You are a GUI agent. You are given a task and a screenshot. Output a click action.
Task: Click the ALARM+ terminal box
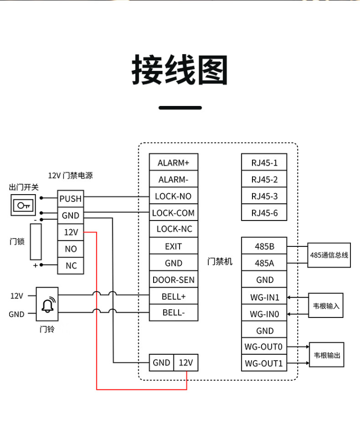(173, 163)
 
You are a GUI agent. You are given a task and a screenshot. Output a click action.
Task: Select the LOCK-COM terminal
(173, 213)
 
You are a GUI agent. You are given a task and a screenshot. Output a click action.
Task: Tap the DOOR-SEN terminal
(173, 280)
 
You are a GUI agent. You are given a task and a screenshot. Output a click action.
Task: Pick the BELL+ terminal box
(173, 296)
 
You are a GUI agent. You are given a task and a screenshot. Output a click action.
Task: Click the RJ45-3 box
(264, 196)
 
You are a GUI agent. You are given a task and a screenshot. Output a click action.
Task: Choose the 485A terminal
(264, 263)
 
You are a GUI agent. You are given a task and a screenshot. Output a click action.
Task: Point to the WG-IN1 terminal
(264, 297)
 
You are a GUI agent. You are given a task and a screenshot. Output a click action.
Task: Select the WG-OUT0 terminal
(264, 346)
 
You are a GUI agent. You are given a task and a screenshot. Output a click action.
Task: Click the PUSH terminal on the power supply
(71, 198)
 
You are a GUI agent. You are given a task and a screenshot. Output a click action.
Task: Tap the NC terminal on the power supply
(71, 266)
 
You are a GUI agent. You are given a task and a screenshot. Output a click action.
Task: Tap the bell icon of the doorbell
(47, 304)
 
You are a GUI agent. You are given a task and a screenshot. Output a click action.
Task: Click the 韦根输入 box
(326, 305)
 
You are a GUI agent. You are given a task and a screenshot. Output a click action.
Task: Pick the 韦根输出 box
(327, 355)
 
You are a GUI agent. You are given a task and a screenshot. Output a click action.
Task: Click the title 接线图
(180, 70)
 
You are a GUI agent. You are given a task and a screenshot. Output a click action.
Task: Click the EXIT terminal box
(173, 246)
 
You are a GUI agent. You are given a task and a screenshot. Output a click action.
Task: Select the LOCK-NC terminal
(173, 229)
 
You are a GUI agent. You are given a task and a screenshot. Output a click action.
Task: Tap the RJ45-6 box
(264, 213)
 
